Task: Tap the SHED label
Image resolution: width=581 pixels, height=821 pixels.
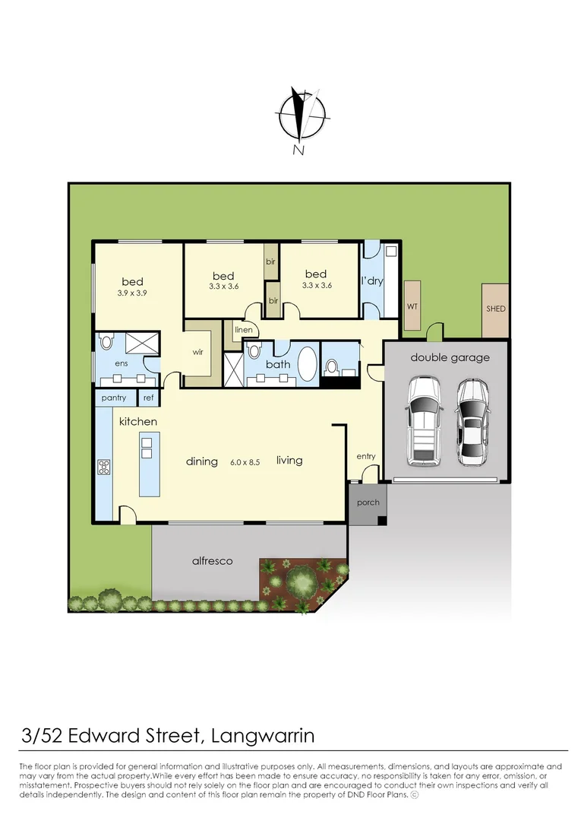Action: [x=495, y=309]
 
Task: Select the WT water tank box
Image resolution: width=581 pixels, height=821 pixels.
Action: [x=412, y=306]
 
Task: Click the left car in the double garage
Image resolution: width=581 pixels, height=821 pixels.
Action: [x=423, y=421]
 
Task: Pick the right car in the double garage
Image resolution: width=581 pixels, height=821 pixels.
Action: [x=472, y=421]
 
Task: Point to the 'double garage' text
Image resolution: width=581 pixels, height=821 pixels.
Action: [x=450, y=357]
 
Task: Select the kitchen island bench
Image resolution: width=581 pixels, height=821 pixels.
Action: [x=149, y=464]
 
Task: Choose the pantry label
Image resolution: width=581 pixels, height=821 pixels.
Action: [x=114, y=398]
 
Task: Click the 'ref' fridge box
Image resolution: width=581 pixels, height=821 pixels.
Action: [x=148, y=398]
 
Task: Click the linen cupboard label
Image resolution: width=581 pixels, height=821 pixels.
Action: [x=243, y=330]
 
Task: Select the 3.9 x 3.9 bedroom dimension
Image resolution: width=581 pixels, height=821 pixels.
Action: [x=132, y=293]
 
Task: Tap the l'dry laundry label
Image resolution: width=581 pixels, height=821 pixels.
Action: [x=372, y=281]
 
